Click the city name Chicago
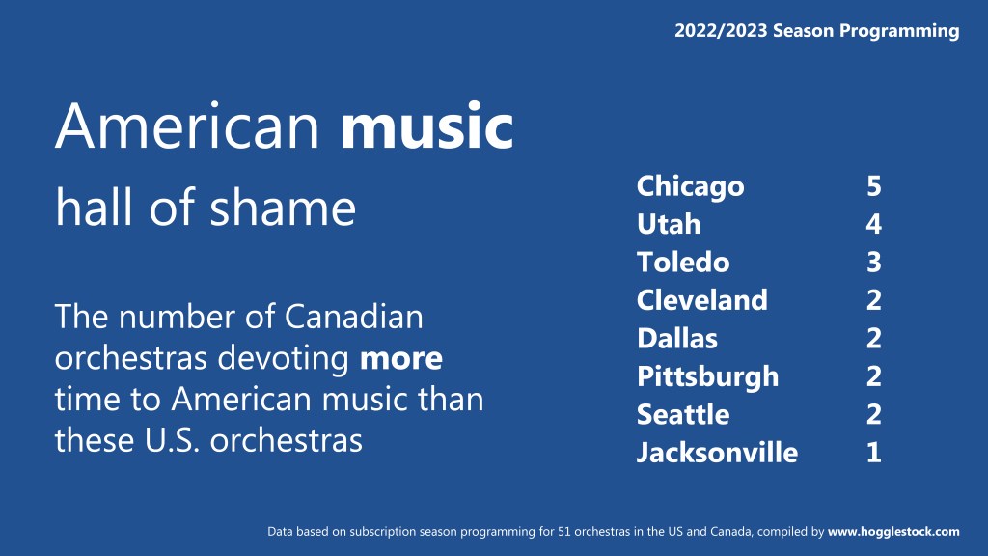690,187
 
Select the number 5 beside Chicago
874,186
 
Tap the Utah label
669,224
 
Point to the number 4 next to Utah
874,224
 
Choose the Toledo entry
683,262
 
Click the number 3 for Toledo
874,263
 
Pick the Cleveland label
702,300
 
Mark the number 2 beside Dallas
874,339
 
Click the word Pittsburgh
707,377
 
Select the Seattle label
683,414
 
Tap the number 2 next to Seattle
874,414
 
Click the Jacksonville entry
717,453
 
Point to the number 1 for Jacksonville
874,453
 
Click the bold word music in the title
426,126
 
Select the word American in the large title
188,126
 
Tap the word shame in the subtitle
283,207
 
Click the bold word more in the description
400,359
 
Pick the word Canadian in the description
353,317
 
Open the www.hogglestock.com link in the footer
893,532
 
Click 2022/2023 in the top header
721,30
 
